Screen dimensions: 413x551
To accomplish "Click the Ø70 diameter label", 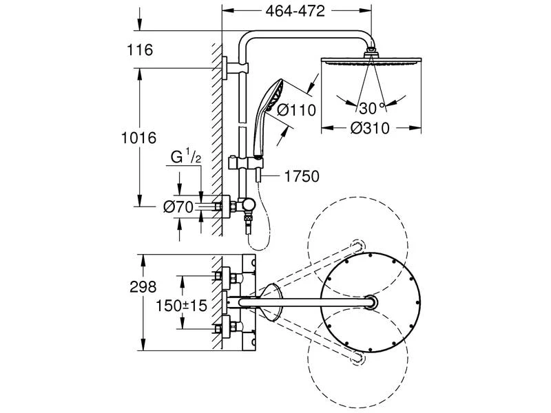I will tap(178, 205).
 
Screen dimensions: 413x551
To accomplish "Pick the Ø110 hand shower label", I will tap(295, 109).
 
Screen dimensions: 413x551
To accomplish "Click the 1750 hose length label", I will tap(301, 176).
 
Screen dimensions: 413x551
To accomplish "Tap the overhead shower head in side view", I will tap(372, 61).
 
